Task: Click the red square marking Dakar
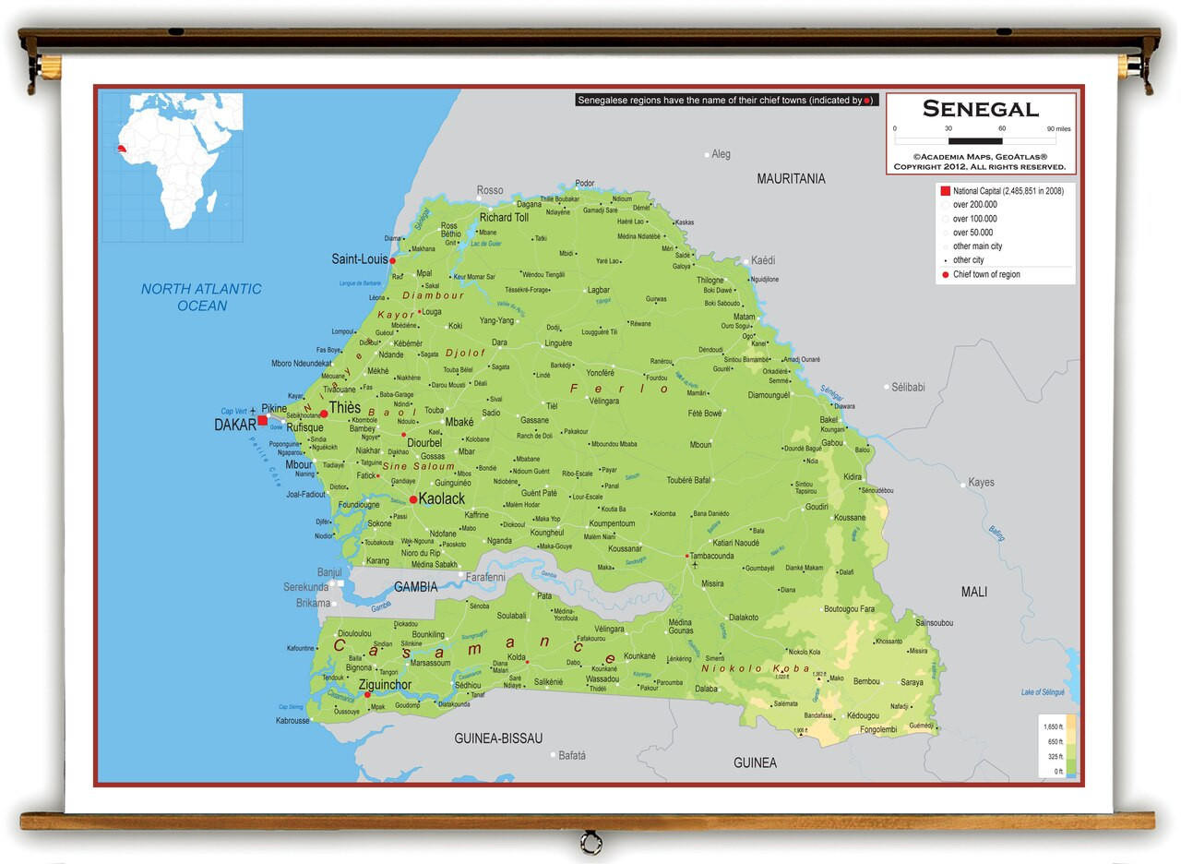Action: [262, 420]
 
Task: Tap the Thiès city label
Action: [345, 408]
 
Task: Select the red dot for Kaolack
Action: [413, 499]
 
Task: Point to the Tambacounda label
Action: [712, 556]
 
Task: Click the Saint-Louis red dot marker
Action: [392, 261]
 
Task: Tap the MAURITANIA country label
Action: [791, 178]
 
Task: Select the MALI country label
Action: [973, 592]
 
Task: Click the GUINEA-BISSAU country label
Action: [498, 738]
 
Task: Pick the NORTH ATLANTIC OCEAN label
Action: [201, 297]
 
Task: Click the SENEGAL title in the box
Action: [980, 109]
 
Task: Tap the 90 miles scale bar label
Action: [1057, 129]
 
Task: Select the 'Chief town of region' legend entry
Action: [985, 274]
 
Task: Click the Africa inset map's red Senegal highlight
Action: [121, 148]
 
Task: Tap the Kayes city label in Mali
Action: [981, 483]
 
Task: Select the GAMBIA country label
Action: [415, 587]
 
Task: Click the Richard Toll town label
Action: [504, 218]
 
